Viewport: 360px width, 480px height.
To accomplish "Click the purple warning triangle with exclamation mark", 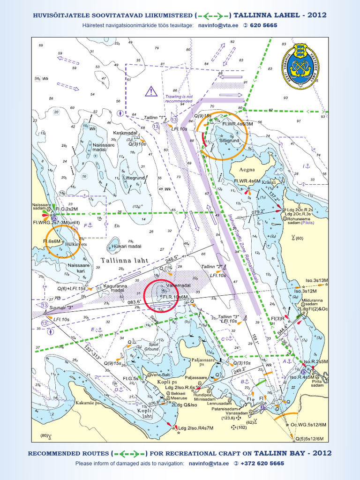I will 151,91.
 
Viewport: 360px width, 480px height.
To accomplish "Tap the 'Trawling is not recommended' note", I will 179,98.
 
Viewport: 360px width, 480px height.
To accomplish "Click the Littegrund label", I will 133,178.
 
